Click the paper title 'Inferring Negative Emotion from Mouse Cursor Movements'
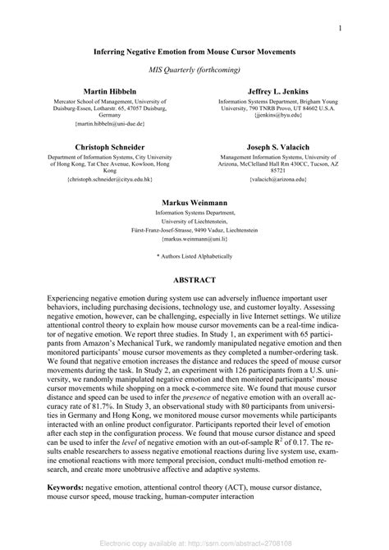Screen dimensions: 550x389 coord(194,51)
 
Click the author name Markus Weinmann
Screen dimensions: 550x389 coord(194,200)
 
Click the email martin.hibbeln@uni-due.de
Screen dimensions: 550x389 coord(109,123)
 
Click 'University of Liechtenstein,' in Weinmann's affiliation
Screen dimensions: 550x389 coord(194,221)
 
